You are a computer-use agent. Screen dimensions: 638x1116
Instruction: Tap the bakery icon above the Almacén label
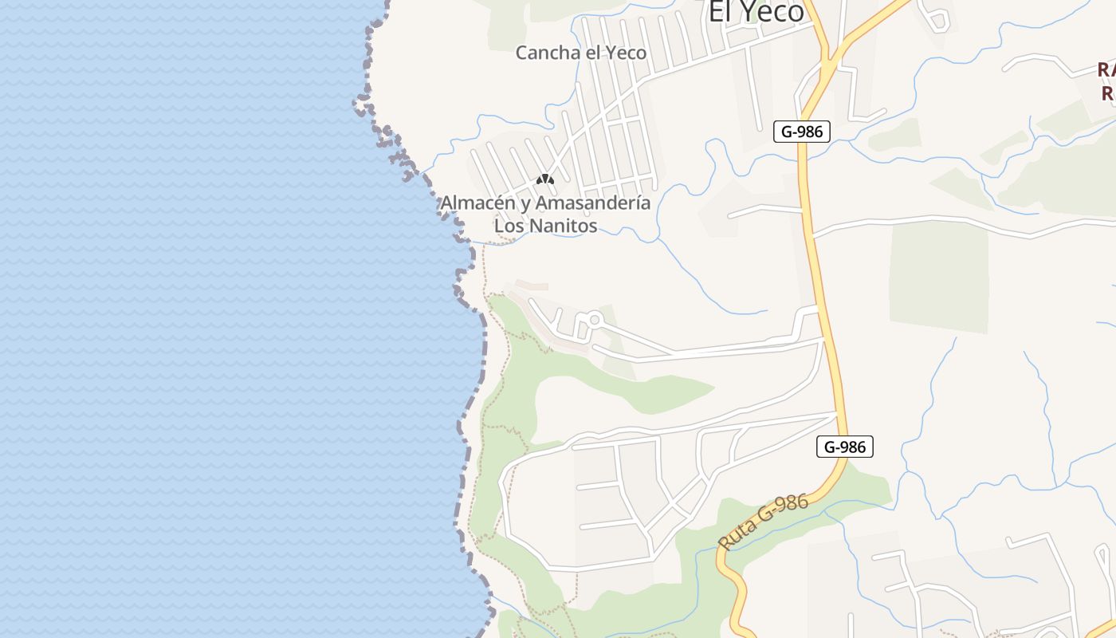click(544, 180)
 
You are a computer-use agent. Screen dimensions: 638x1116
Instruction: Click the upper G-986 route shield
click(802, 132)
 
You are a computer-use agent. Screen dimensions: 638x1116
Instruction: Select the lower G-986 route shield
click(845, 447)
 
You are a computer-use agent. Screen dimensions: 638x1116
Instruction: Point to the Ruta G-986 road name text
click(764, 522)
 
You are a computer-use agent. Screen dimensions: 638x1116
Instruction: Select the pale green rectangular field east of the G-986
click(938, 275)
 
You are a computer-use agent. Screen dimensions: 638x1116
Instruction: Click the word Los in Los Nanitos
click(509, 226)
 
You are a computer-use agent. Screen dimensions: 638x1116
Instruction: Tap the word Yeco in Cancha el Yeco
click(626, 53)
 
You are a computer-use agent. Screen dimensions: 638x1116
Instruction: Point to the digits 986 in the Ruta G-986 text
click(794, 506)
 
